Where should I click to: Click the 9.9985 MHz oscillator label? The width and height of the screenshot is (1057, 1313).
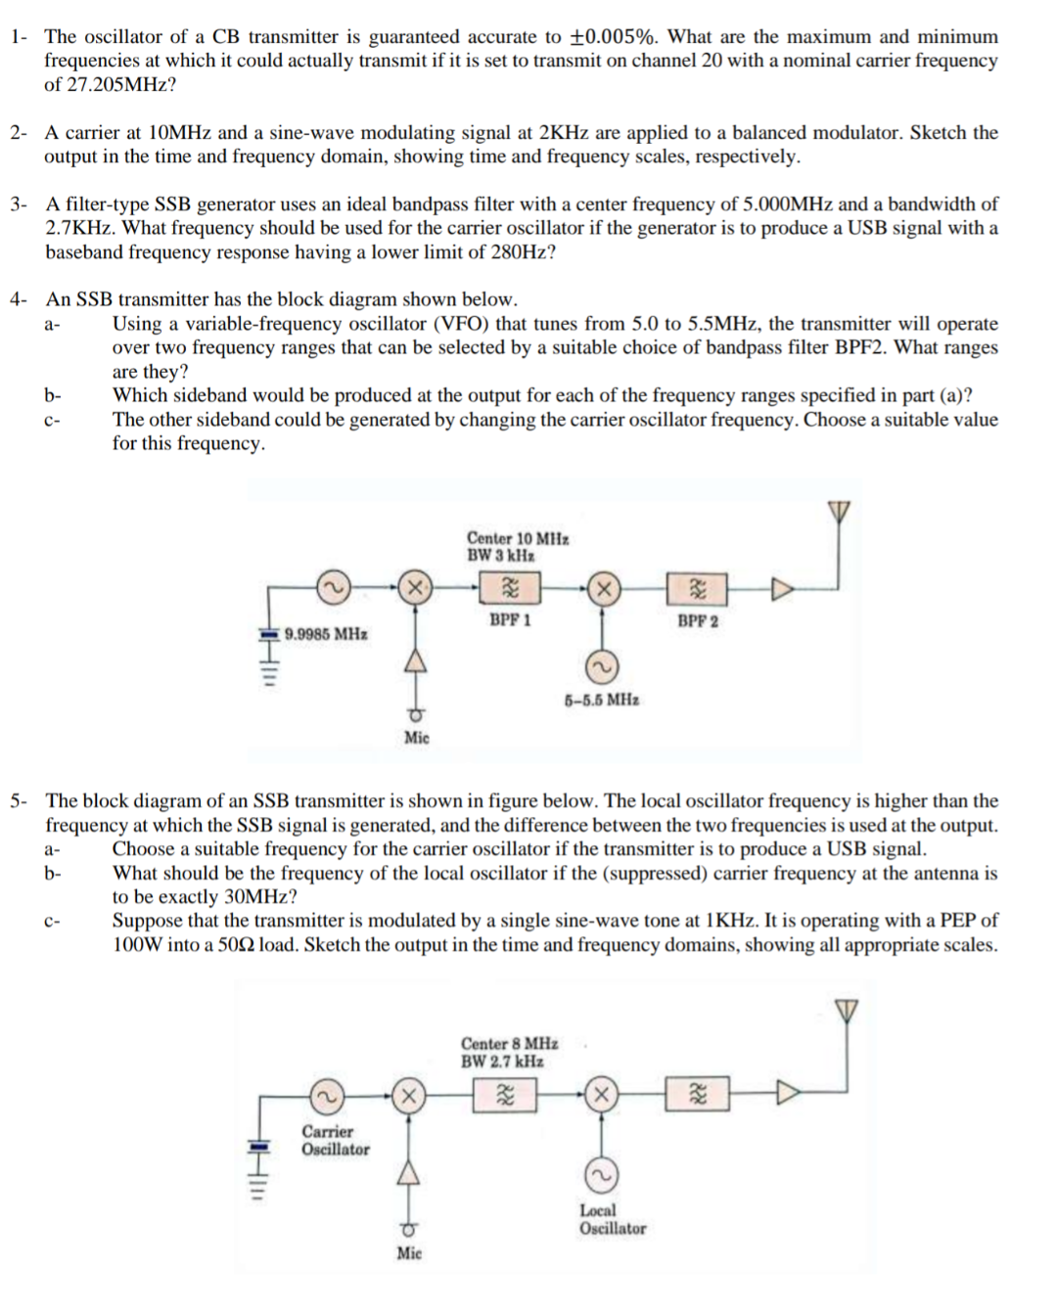[326, 634]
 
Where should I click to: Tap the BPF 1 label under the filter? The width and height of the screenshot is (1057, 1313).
[510, 620]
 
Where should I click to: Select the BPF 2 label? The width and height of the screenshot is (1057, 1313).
[698, 621]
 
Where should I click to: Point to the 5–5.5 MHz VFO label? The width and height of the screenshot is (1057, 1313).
[602, 701]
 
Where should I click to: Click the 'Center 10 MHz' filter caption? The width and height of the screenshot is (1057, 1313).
[518, 538]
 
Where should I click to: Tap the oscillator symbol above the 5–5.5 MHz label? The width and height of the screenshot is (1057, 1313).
[602, 667]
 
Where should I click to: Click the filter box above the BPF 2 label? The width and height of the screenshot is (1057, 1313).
[698, 589]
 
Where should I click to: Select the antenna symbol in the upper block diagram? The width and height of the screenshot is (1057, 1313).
[839, 512]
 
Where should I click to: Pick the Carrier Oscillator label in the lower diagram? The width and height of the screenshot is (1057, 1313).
[335, 1141]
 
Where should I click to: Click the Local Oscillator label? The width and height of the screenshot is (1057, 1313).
[613, 1219]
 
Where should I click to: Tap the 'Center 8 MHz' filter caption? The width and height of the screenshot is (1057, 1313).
[510, 1044]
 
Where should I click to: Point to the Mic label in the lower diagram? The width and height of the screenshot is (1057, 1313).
[409, 1253]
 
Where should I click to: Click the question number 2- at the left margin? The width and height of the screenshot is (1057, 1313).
[20, 133]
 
